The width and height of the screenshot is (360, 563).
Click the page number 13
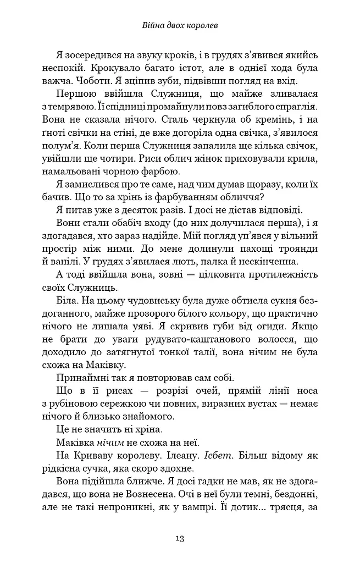[x=180, y=537]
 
